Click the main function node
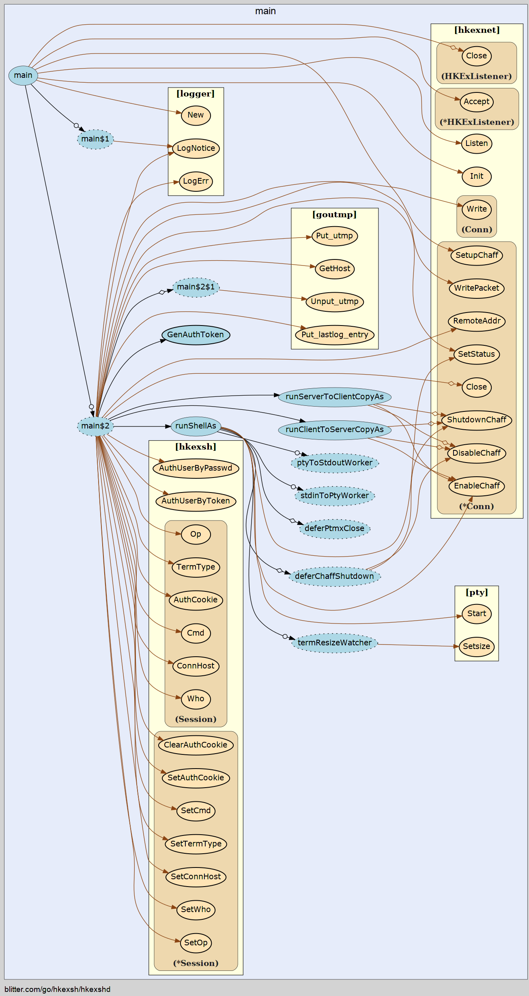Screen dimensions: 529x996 coord(23,75)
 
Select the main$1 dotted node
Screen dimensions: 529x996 coord(95,139)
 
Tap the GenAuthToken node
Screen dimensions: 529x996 coord(196,335)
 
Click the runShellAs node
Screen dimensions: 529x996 coord(196,426)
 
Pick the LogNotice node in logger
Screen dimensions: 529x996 coord(196,148)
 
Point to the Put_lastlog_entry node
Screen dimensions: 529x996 coord(335,335)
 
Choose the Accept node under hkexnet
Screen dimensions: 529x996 coord(477,102)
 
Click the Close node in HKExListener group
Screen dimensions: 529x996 coord(477,56)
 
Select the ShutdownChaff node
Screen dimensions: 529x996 coord(477,420)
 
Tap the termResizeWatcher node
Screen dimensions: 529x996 coord(335,643)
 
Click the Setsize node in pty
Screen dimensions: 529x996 coord(477,647)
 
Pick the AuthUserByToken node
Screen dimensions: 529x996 coord(196,501)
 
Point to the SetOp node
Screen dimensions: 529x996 coord(196,943)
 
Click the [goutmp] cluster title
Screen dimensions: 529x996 coord(335,214)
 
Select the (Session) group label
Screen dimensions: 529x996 coord(196,719)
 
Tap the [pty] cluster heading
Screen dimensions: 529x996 coord(477,592)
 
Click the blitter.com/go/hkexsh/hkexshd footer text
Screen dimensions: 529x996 coord(58,990)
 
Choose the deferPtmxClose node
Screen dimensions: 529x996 coord(335,529)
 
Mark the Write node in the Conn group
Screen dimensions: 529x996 coord(477,210)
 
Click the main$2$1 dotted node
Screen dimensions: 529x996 coord(196,287)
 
